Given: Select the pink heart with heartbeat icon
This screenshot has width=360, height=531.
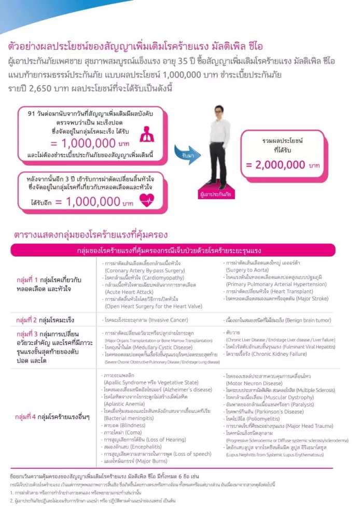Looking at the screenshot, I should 147,200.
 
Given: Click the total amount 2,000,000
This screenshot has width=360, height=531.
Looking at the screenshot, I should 275,165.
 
